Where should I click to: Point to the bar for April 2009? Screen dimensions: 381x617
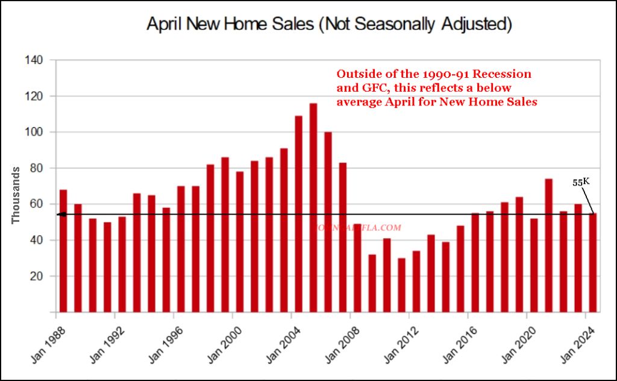pos(372,283)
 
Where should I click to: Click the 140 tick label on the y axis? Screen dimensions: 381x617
pos(33,60)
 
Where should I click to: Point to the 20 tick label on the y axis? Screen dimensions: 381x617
pos(36,277)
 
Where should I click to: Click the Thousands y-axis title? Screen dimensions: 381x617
pos(16,195)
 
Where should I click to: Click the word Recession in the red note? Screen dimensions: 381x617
pos(503,74)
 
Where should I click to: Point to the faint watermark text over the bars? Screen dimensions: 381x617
pos(357,228)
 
